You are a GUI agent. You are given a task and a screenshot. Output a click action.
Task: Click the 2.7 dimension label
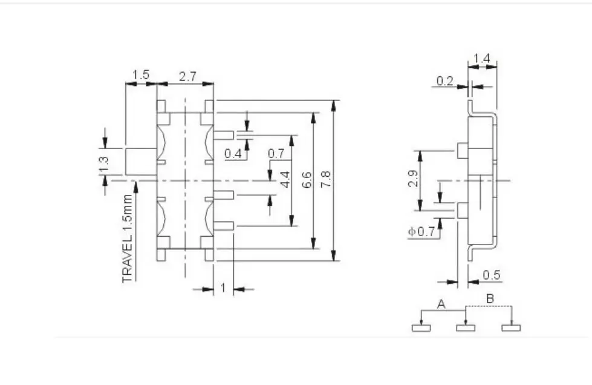187,77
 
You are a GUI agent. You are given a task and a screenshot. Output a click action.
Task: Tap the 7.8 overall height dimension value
326,179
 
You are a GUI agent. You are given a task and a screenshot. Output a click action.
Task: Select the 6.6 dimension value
307,180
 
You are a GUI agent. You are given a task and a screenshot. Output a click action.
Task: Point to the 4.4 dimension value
285,179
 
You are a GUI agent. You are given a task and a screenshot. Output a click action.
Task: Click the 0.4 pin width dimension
233,153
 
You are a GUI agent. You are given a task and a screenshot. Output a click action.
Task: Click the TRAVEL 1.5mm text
128,239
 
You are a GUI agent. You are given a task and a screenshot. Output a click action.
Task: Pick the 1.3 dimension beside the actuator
103,164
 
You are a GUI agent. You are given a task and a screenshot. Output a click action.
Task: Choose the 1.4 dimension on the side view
482,59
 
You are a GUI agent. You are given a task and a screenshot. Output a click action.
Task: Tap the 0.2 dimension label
444,81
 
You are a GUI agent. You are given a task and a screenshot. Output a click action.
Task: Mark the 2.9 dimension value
413,179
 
